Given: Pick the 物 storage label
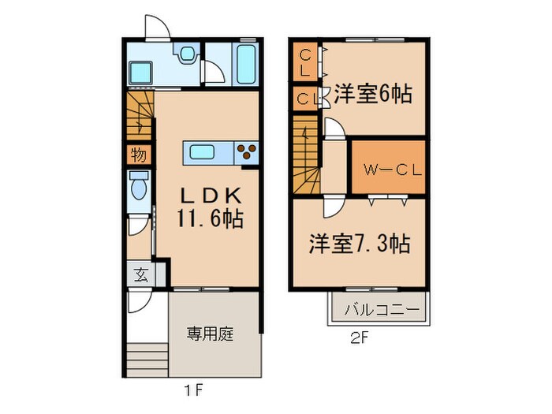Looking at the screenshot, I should point(138,154).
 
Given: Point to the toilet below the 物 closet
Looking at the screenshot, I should point(139,187).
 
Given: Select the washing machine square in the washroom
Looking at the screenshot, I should point(140,72).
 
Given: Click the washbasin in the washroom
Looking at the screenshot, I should point(188,54).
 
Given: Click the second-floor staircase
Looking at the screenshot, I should point(306,155).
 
